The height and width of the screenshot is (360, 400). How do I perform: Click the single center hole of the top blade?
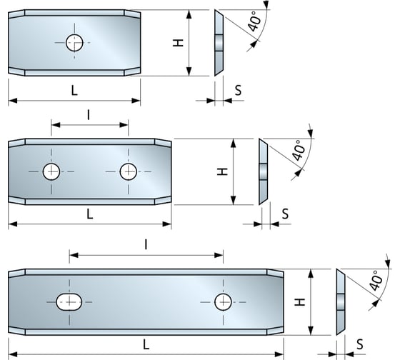tap(74, 43)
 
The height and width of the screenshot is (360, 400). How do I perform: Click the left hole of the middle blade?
tap(51, 171)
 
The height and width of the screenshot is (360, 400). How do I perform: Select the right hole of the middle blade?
tap(129, 171)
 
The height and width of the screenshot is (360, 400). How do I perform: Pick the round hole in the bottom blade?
tap(224, 302)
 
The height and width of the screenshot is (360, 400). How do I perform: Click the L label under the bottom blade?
tap(146, 344)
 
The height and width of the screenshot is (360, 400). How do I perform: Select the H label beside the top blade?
tap(179, 42)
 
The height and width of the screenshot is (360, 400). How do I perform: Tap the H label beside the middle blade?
tap(222, 171)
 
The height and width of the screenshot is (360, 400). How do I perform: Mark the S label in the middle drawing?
tap(285, 213)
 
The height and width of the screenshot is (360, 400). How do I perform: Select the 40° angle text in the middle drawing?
tap(300, 151)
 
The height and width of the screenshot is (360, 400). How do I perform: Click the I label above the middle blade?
tap(89, 114)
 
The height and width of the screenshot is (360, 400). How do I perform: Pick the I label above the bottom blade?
tap(146, 244)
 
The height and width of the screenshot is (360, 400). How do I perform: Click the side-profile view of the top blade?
tap(219, 43)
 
